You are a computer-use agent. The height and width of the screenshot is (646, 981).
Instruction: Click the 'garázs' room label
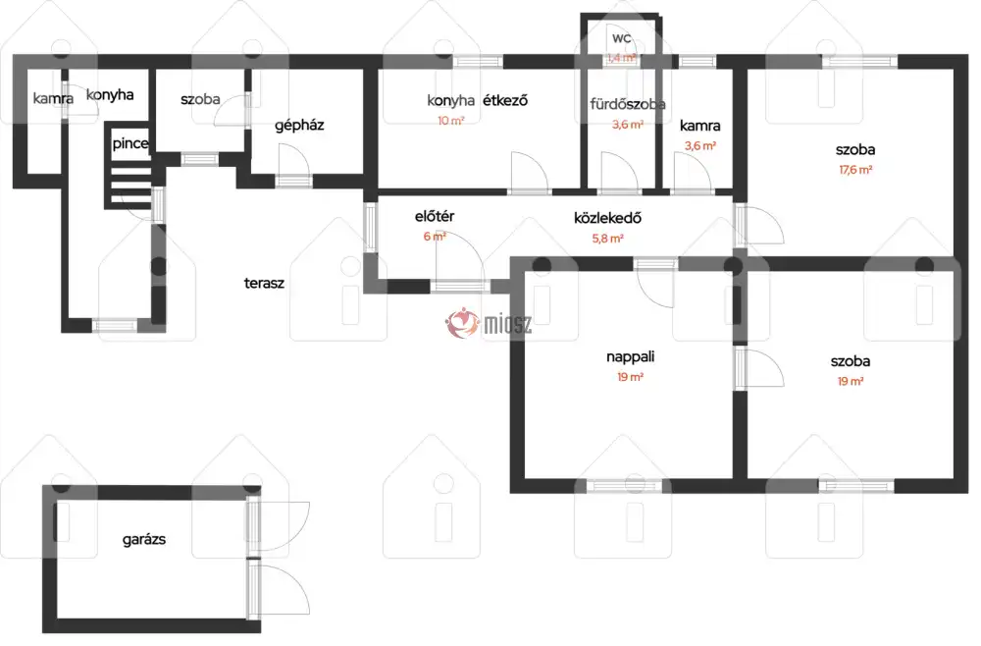click(x=144, y=540)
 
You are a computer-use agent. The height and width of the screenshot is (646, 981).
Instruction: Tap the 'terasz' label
click(x=264, y=283)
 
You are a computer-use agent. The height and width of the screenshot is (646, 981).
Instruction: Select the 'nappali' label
click(x=630, y=357)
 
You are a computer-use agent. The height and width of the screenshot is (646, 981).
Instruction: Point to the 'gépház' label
click(x=299, y=126)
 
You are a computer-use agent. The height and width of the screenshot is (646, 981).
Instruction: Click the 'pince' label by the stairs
click(x=130, y=144)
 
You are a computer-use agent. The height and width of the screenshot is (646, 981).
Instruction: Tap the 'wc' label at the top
click(x=621, y=38)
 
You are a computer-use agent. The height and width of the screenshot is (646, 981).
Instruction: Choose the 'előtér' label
click(x=435, y=217)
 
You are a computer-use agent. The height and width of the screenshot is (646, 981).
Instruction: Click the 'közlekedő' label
click(x=607, y=218)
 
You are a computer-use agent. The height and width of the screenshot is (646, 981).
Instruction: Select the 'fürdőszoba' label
click(x=628, y=104)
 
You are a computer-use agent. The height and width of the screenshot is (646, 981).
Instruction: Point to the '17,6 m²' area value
click(x=855, y=170)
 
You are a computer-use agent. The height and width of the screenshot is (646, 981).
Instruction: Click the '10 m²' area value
click(x=450, y=121)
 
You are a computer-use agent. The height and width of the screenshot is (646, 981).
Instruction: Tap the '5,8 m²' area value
click(x=607, y=239)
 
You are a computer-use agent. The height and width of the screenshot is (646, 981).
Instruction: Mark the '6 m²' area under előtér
click(x=435, y=237)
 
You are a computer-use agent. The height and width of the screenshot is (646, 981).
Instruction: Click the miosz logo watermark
click(x=489, y=323)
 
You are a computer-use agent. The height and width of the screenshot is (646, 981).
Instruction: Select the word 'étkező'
click(x=505, y=100)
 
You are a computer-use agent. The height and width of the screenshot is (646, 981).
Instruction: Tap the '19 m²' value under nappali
click(x=630, y=377)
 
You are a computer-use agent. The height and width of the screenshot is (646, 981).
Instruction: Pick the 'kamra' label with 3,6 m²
click(x=699, y=126)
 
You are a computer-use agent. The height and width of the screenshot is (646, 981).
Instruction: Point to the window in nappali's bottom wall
click(x=624, y=485)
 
